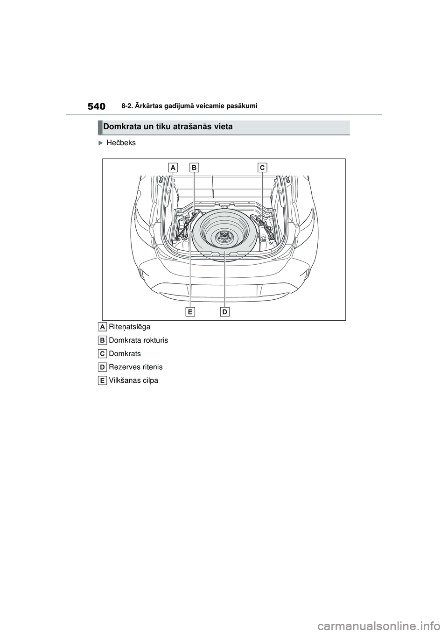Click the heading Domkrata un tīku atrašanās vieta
tap(168, 127)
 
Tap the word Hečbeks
tap(121, 143)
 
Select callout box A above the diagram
tap(173, 167)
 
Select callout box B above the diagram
tap(194, 167)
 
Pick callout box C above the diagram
tap(262, 167)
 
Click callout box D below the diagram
tap(224, 311)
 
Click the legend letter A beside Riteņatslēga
tap(103, 326)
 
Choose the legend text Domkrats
tap(125, 354)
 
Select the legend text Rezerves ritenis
tap(135, 367)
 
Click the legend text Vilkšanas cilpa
tap(133, 380)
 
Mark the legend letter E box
tap(103, 380)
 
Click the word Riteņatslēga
tap(129, 327)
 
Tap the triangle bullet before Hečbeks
tap(101, 143)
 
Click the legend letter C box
tap(103, 354)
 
